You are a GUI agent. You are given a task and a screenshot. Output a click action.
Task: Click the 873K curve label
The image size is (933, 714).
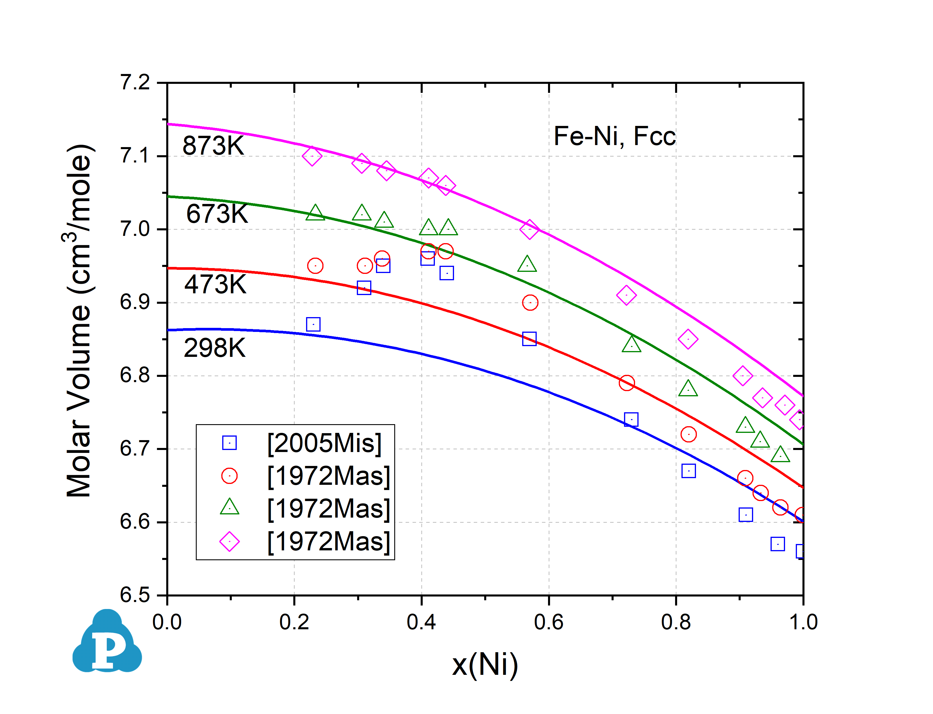point(213,146)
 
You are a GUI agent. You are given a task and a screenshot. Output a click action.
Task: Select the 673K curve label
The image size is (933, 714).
point(217,214)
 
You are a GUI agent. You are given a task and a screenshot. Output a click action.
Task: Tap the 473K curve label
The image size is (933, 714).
point(215,284)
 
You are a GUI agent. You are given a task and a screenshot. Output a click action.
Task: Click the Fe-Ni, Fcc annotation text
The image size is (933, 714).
point(614,136)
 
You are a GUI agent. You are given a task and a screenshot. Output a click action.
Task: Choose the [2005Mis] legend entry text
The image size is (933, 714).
point(324,443)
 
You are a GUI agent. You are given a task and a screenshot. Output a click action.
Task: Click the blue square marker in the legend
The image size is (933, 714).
point(229,443)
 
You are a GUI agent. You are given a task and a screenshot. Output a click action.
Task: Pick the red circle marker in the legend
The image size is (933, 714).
point(229,476)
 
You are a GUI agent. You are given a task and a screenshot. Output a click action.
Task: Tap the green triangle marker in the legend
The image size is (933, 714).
point(229,507)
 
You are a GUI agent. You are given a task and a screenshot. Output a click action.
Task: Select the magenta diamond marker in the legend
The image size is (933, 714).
point(229,541)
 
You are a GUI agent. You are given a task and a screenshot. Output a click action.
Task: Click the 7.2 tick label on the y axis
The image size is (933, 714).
point(135,82)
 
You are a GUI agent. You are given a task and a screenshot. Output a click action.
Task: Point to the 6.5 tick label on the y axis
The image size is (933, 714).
point(135,595)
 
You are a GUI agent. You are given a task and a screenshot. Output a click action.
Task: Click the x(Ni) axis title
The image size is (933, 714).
point(485,665)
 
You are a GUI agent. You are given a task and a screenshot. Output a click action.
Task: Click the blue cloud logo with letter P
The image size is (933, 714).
point(107,642)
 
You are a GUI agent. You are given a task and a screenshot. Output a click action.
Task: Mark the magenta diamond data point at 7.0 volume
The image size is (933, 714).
point(529,229)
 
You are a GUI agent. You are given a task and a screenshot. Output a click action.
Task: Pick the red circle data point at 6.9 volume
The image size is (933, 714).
point(530,303)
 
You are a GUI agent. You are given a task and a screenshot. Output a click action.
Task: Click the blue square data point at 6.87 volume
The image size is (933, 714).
point(313,324)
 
